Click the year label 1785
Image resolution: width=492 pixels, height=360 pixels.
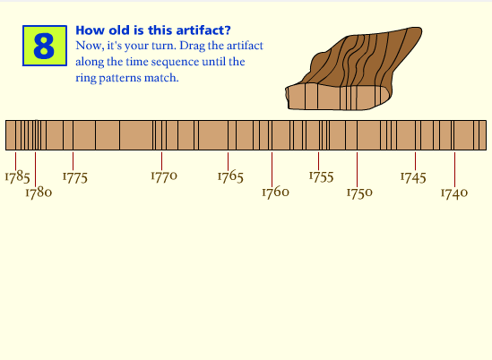click(x=17, y=176)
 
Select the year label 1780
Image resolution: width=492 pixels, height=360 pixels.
click(x=38, y=192)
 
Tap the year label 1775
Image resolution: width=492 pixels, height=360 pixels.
click(x=74, y=176)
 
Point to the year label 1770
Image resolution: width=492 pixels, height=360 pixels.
click(x=163, y=176)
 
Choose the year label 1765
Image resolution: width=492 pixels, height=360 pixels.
click(x=230, y=176)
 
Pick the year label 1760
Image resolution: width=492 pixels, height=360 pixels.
click(x=275, y=192)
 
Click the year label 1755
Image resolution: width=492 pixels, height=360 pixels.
click(x=321, y=176)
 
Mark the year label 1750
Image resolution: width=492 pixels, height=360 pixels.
click(x=359, y=192)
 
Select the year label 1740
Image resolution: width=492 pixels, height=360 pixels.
click(x=454, y=192)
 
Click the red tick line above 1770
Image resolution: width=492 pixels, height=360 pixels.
click(x=161, y=159)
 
